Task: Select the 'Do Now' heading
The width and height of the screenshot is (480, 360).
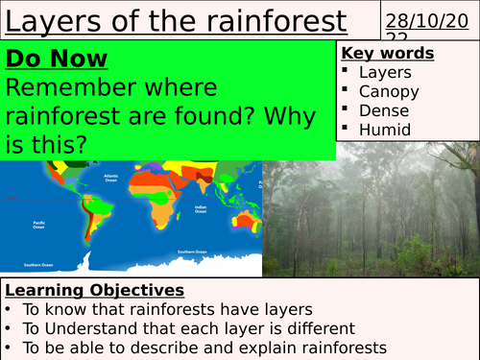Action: [x=57, y=60]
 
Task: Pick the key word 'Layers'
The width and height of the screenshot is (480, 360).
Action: [x=384, y=72]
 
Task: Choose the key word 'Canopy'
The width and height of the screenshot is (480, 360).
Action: [x=389, y=91]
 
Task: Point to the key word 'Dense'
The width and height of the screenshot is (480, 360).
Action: [x=384, y=110]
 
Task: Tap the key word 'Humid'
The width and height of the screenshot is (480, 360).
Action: [x=385, y=130]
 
